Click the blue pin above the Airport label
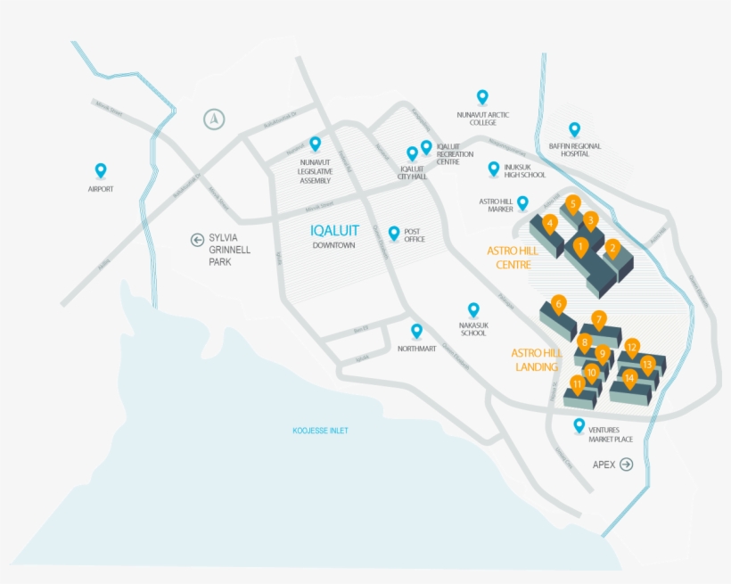(101, 169)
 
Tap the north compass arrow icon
(213, 119)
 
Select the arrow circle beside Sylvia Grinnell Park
(197, 239)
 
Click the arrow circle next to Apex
(626, 464)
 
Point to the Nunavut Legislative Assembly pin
(315, 143)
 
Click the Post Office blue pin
(394, 233)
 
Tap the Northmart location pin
(416, 331)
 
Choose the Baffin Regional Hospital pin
(574, 129)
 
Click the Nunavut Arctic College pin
(482, 96)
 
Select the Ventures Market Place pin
(579, 425)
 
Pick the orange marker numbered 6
(559, 303)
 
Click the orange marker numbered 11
(578, 384)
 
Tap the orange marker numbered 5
(573, 203)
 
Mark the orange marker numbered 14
(629, 378)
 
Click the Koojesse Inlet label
(320, 431)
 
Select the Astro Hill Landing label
(537, 359)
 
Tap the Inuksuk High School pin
(493, 168)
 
